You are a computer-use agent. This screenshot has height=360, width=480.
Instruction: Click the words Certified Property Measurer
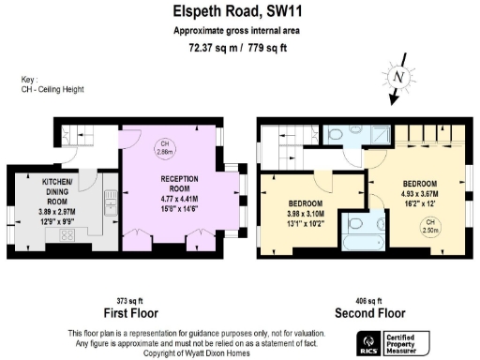point(411,342)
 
